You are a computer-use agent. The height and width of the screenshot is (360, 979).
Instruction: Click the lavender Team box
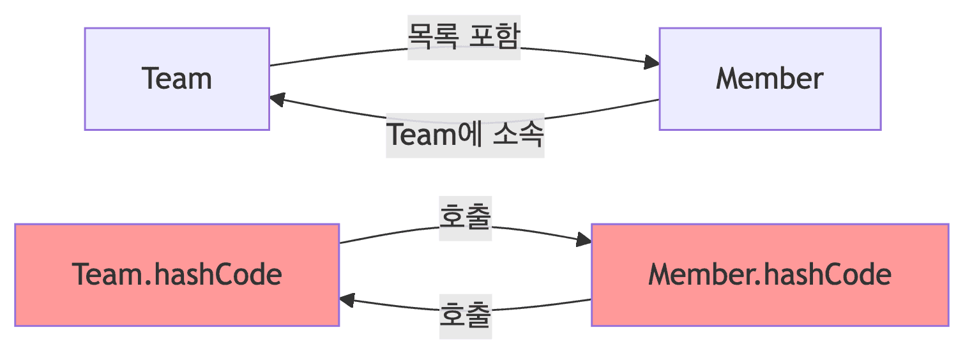(x=177, y=79)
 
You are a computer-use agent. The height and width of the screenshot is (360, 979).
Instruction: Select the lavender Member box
(x=770, y=79)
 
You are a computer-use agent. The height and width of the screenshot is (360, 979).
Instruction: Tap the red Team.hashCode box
(x=177, y=275)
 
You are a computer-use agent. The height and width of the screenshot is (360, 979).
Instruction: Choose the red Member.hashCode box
(x=770, y=275)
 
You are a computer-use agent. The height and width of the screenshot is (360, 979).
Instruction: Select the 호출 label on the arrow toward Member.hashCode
(x=466, y=218)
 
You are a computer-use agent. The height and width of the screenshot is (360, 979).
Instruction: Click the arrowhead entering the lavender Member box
(x=652, y=63)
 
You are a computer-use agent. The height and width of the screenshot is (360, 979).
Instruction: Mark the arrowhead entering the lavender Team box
(x=277, y=99)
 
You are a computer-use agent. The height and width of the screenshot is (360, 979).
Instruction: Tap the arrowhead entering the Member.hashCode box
(x=584, y=241)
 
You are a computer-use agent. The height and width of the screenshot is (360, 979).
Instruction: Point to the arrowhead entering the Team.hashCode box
(x=347, y=299)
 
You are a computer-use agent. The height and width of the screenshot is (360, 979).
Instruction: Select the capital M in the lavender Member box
(x=728, y=79)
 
